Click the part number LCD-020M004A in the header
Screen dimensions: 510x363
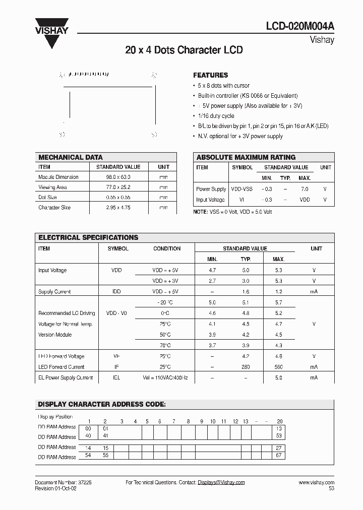300,28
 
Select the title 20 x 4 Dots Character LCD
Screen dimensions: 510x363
184,50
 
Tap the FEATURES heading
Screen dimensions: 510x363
211,75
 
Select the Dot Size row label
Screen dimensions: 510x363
47,198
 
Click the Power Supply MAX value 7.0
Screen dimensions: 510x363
305,189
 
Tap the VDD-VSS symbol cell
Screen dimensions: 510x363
242,189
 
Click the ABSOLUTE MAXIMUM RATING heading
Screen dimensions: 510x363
246,157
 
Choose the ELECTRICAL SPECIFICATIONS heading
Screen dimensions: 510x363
88,237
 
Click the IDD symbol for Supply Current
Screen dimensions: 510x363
116,292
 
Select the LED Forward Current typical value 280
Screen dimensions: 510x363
246,367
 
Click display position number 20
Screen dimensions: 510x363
280,421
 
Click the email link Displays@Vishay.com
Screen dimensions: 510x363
221,482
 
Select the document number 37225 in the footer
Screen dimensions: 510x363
84,482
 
